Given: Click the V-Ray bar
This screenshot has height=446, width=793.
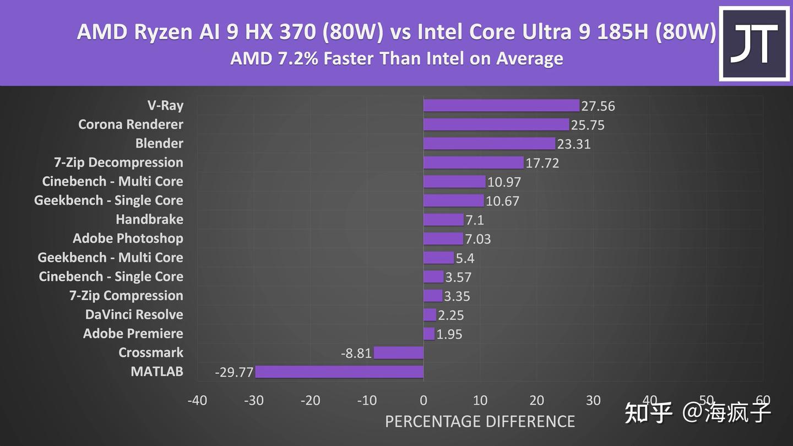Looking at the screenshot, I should [501, 106].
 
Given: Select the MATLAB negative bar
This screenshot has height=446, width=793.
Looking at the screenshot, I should [339, 372].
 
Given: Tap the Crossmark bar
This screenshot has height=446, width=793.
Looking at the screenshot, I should [399, 353].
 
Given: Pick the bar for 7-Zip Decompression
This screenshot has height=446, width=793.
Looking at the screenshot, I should [474, 162].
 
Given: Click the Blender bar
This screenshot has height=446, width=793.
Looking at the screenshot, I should [489, 144].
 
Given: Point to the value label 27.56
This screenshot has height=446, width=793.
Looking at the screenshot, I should [598, 106].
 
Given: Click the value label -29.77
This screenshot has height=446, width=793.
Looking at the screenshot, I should [234, 373].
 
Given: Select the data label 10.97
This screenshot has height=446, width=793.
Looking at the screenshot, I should [504, 182].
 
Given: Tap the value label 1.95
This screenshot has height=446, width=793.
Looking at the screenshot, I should [449, 334].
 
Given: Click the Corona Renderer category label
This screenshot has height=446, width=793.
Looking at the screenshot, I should [131, 124].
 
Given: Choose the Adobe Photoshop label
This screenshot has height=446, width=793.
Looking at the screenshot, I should [128, 238].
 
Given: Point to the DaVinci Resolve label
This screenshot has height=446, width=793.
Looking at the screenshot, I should [134, 314].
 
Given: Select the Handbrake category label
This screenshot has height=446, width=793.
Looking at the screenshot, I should [149, 220].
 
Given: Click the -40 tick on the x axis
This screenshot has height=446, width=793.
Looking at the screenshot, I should [197, 400].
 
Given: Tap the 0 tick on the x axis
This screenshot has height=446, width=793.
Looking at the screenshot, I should [423, 400].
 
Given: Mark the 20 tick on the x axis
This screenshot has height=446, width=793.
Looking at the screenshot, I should [536, 400].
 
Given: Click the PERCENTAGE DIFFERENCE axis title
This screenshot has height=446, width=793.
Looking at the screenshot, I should [480, 422].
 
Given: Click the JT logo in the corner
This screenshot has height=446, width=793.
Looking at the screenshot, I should [754, 43].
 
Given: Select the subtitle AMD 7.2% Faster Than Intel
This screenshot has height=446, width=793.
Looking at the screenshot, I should [397, 58].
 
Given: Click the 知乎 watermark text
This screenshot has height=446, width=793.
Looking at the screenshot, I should [649, 412].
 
